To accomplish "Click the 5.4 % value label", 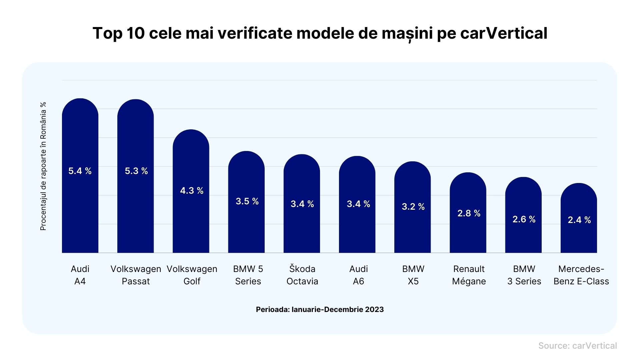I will click(80, 171).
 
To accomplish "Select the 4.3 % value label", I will click(192, 191).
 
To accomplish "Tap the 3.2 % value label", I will click(413, 207).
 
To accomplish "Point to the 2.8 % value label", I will click(469, 213).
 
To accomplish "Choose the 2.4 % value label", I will click(579, 220).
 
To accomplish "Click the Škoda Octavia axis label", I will click(302, 275).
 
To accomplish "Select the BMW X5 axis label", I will click(413, 275).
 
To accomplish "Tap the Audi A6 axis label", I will click(358, 275).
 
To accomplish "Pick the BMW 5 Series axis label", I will click(248, 275).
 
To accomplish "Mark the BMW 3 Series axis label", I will click(524, 275).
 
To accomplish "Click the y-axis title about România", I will click(43, 166).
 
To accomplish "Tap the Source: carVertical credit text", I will click(577, 346).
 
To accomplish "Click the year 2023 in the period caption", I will click(374, 309).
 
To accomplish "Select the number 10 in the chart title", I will click(135, 33).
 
